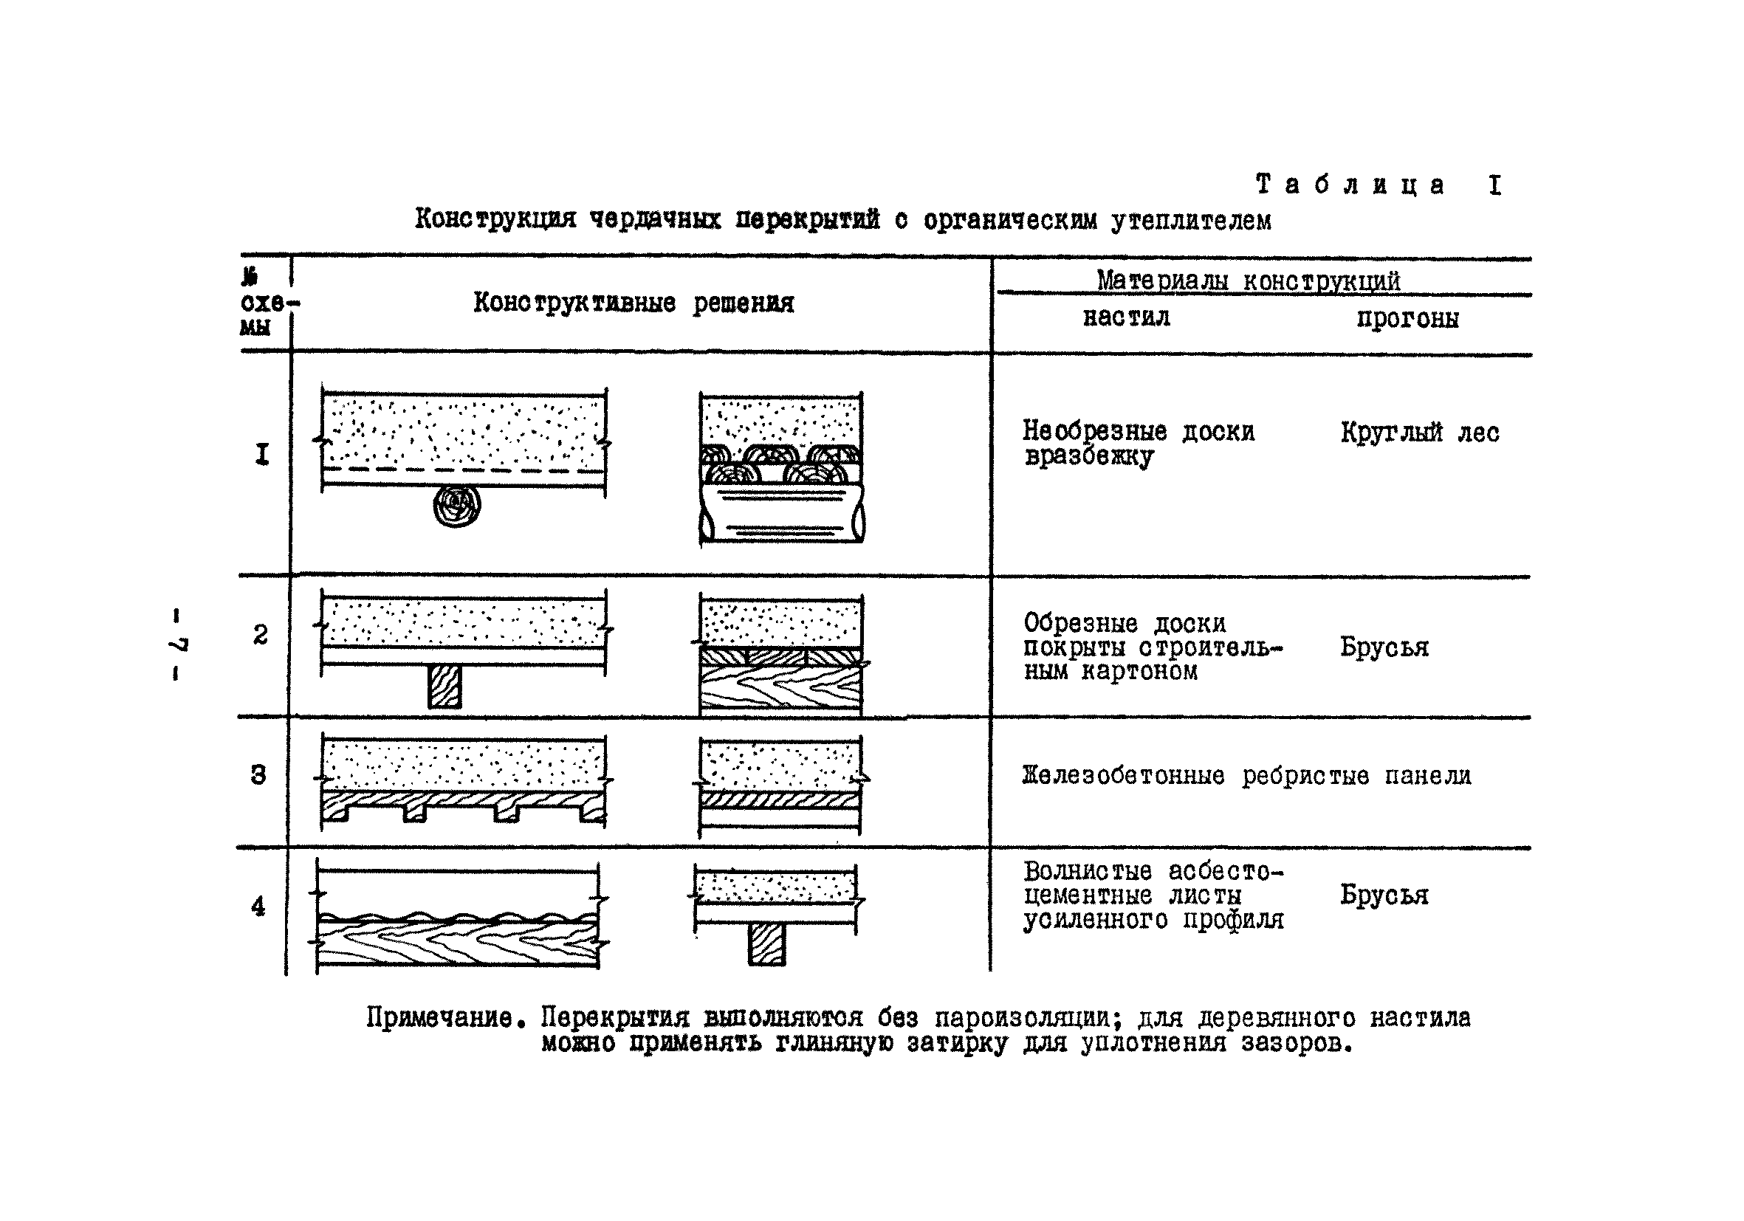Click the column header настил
tap(1126, 317)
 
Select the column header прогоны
tap(1407, 319)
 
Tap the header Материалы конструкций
tap(1247, 281)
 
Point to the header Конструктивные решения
tap(634, 303)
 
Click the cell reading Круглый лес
tap(1419, 433)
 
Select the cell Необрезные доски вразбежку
tap(1138, 444)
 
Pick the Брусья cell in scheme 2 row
tap(1384, 647)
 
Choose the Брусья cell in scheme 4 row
tap(1384, 895)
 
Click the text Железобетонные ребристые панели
tap(1246, 776)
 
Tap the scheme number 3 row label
tap(258, 775)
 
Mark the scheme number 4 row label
tap(258, 907)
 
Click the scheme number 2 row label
tap(260, 635)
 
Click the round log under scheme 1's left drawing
tap(457, 506)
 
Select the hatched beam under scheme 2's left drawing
tap(444, 687)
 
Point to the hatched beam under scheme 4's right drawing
tap(766, 945)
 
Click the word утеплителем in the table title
tap(1191, 221)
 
